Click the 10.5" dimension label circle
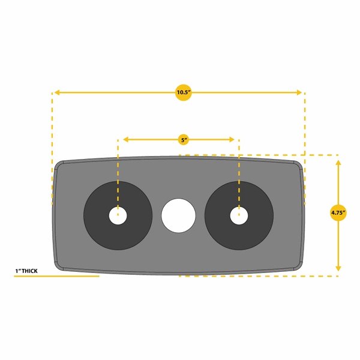pos(184,92)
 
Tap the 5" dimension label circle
pos(184,140)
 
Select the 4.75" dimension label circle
pos(338,213)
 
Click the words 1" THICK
pos(26,271)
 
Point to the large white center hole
pos(178,216)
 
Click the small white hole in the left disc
pos(118,216)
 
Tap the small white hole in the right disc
pos(239,216)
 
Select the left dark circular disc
pos(118,215)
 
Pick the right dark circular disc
pos(239,215)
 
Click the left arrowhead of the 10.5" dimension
pos(57,92)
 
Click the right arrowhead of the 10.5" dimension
pos(299,92)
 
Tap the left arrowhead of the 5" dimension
pos(125,139)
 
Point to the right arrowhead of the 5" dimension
pos(232,139)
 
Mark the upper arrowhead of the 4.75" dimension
pos(338,163)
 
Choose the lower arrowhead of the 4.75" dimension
pos(338,269)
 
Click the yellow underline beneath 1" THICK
pos(57,276)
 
